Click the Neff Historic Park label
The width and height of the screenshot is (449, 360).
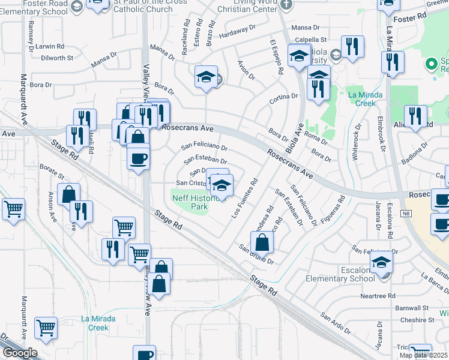click(x=190, y=202)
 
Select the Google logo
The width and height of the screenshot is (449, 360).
click(x=20, y=353)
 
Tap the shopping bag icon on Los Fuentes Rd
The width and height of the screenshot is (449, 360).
click(x=262, y=242)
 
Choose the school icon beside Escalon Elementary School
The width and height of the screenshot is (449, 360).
click(x=381, y=262)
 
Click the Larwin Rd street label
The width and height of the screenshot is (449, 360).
click(x=49, y=46)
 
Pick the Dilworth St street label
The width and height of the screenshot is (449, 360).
click(x=57, y=58)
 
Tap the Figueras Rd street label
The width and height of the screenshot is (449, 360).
click(x=333, y=206)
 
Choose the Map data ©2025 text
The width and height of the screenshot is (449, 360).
click(x=424, y=355)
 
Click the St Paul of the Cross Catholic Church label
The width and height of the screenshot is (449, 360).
click(x=143, y=5)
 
